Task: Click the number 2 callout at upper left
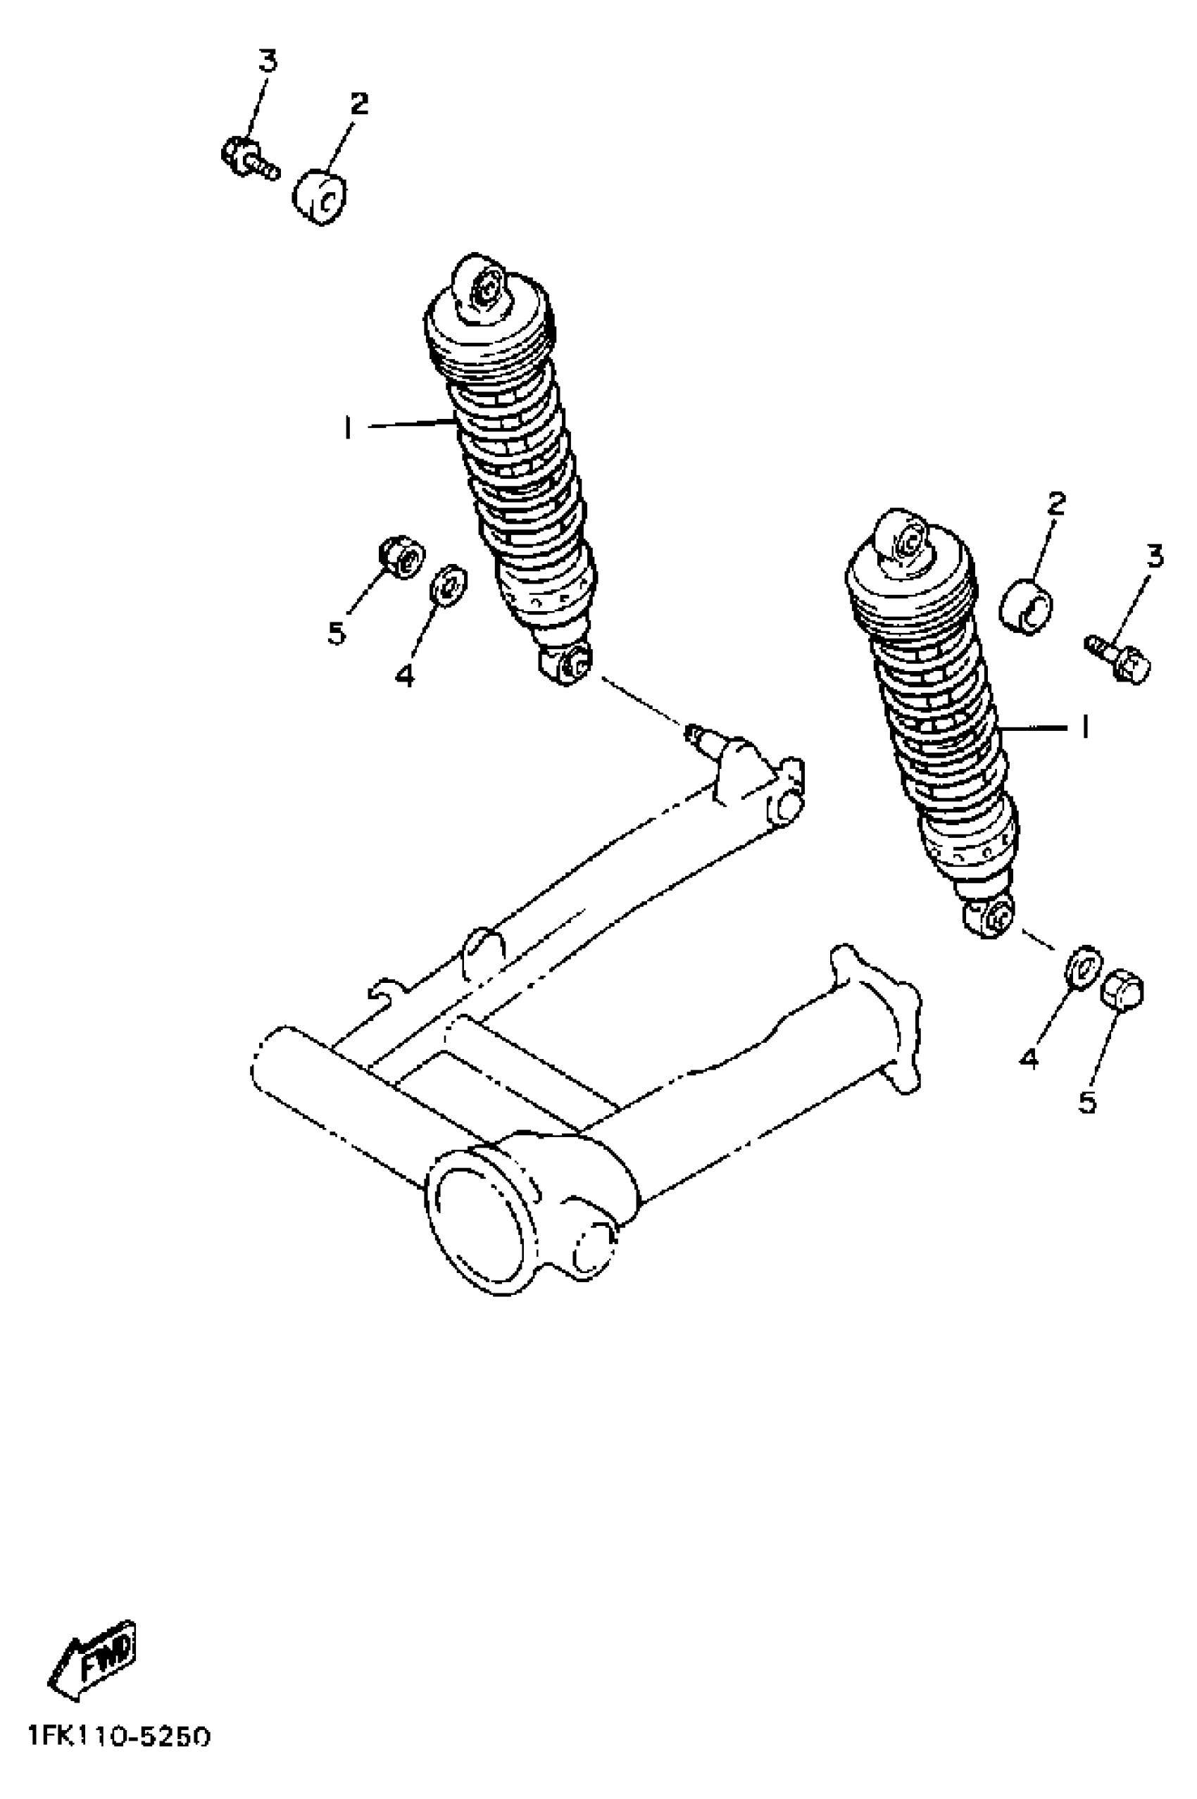tap(359, 103)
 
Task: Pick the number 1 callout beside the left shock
tap(348, 428)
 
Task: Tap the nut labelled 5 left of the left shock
tap(401, 557)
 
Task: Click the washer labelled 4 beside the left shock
tap(449, 584)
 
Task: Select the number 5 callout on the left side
tap(337, 633)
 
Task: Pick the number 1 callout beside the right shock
tap(1083, 727)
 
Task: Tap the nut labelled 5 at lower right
tap(1122, 990)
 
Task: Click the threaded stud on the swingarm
tap(701, 735)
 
